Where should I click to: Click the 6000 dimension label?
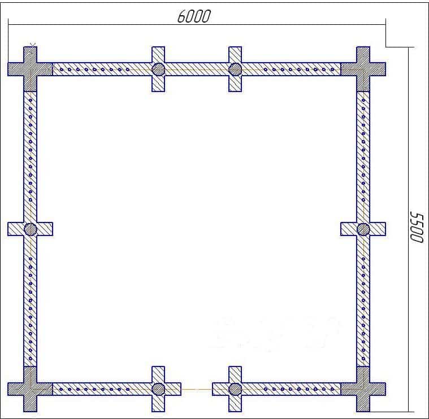pyautogui.click(x=194, y=16)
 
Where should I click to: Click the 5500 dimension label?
pyautogui.click(x=417, y=227)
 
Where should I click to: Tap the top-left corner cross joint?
pyautogui.click(x=30, y=69)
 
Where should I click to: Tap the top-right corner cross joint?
pyautogui.click(x=363, y=69)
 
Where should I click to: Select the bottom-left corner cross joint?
pyautogui.click(x=30, y=389)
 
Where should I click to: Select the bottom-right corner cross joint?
pyautogui.click(x=363, y=389)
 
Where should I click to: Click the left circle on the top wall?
pyautogui.click(x=158, y=69)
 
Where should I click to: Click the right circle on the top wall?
pyautogui.click(x=235, y=69)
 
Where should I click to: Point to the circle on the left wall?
pyautogui.click(x=30, y=229)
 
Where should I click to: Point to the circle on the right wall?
pyautogui.click(x=363, y=229)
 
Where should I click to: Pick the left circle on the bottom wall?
pyautogui.click(x=158, y=389)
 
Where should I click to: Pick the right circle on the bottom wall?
pyautogui.click(x=235, y=389)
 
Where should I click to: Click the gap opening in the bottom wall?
pyautogui.click(x=197, y=389)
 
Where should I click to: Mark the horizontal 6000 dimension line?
pyautogui.click(x=197, y=25)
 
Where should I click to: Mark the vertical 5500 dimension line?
pyautogui.click(x=409, y=229)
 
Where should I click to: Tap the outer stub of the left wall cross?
pyautogui.click(x=16, y=229)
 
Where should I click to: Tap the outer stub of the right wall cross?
pyautogui.click(x=378, y=229)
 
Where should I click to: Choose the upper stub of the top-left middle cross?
pyautogui.click(x=158, y=55)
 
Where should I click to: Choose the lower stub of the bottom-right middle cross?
pyautogui.click(x=235, y=403)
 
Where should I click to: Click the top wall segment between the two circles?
pyautogui.click(x=197, y=69)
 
